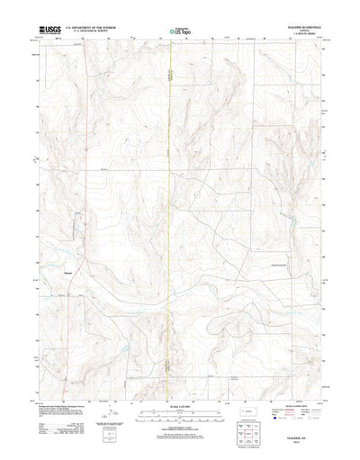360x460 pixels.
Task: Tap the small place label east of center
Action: (283, 264)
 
